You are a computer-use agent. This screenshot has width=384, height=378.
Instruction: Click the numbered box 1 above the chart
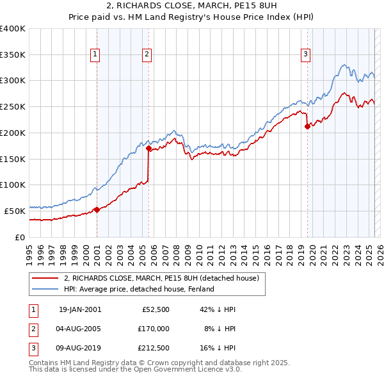pos(95,54)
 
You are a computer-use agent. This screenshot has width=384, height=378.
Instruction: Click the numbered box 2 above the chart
pos(147,54)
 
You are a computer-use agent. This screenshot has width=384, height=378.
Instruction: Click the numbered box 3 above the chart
pos(306,54)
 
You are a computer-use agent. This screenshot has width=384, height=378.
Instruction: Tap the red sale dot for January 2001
pos(97,210)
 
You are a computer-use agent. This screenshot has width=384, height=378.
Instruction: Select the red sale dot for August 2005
pos(148,149)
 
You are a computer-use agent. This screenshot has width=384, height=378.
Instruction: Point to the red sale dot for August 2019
pos(307,126)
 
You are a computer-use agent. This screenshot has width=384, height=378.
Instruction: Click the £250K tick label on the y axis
pos(13,106)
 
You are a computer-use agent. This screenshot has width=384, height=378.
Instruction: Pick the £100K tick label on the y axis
pos(13,185)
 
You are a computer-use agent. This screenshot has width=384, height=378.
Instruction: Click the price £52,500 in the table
pos(155,309)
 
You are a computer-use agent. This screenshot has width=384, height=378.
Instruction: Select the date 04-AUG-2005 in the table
pos(80,329)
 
